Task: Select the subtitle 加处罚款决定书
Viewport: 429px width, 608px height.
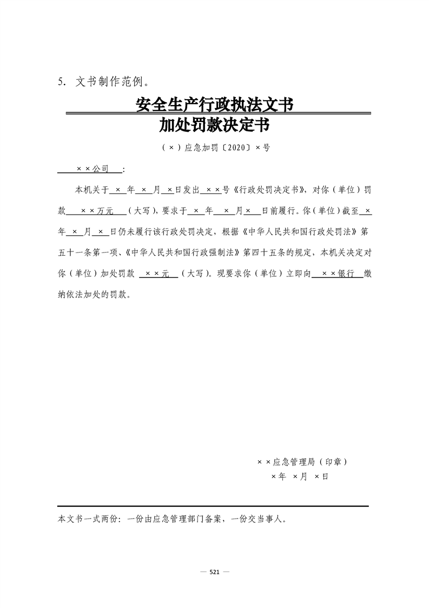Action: tap(214, 126)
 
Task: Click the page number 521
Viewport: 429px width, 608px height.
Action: tap(214, 572)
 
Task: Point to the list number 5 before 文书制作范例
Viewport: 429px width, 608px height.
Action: tap(61, 82)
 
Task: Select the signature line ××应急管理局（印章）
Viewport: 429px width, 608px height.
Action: tap(302, 462)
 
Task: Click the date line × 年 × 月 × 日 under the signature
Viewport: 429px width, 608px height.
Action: tap(300, 477)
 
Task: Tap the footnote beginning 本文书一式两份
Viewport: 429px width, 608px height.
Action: tap(171, 519)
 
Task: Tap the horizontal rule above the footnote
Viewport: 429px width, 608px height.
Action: tap(213, 506)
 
